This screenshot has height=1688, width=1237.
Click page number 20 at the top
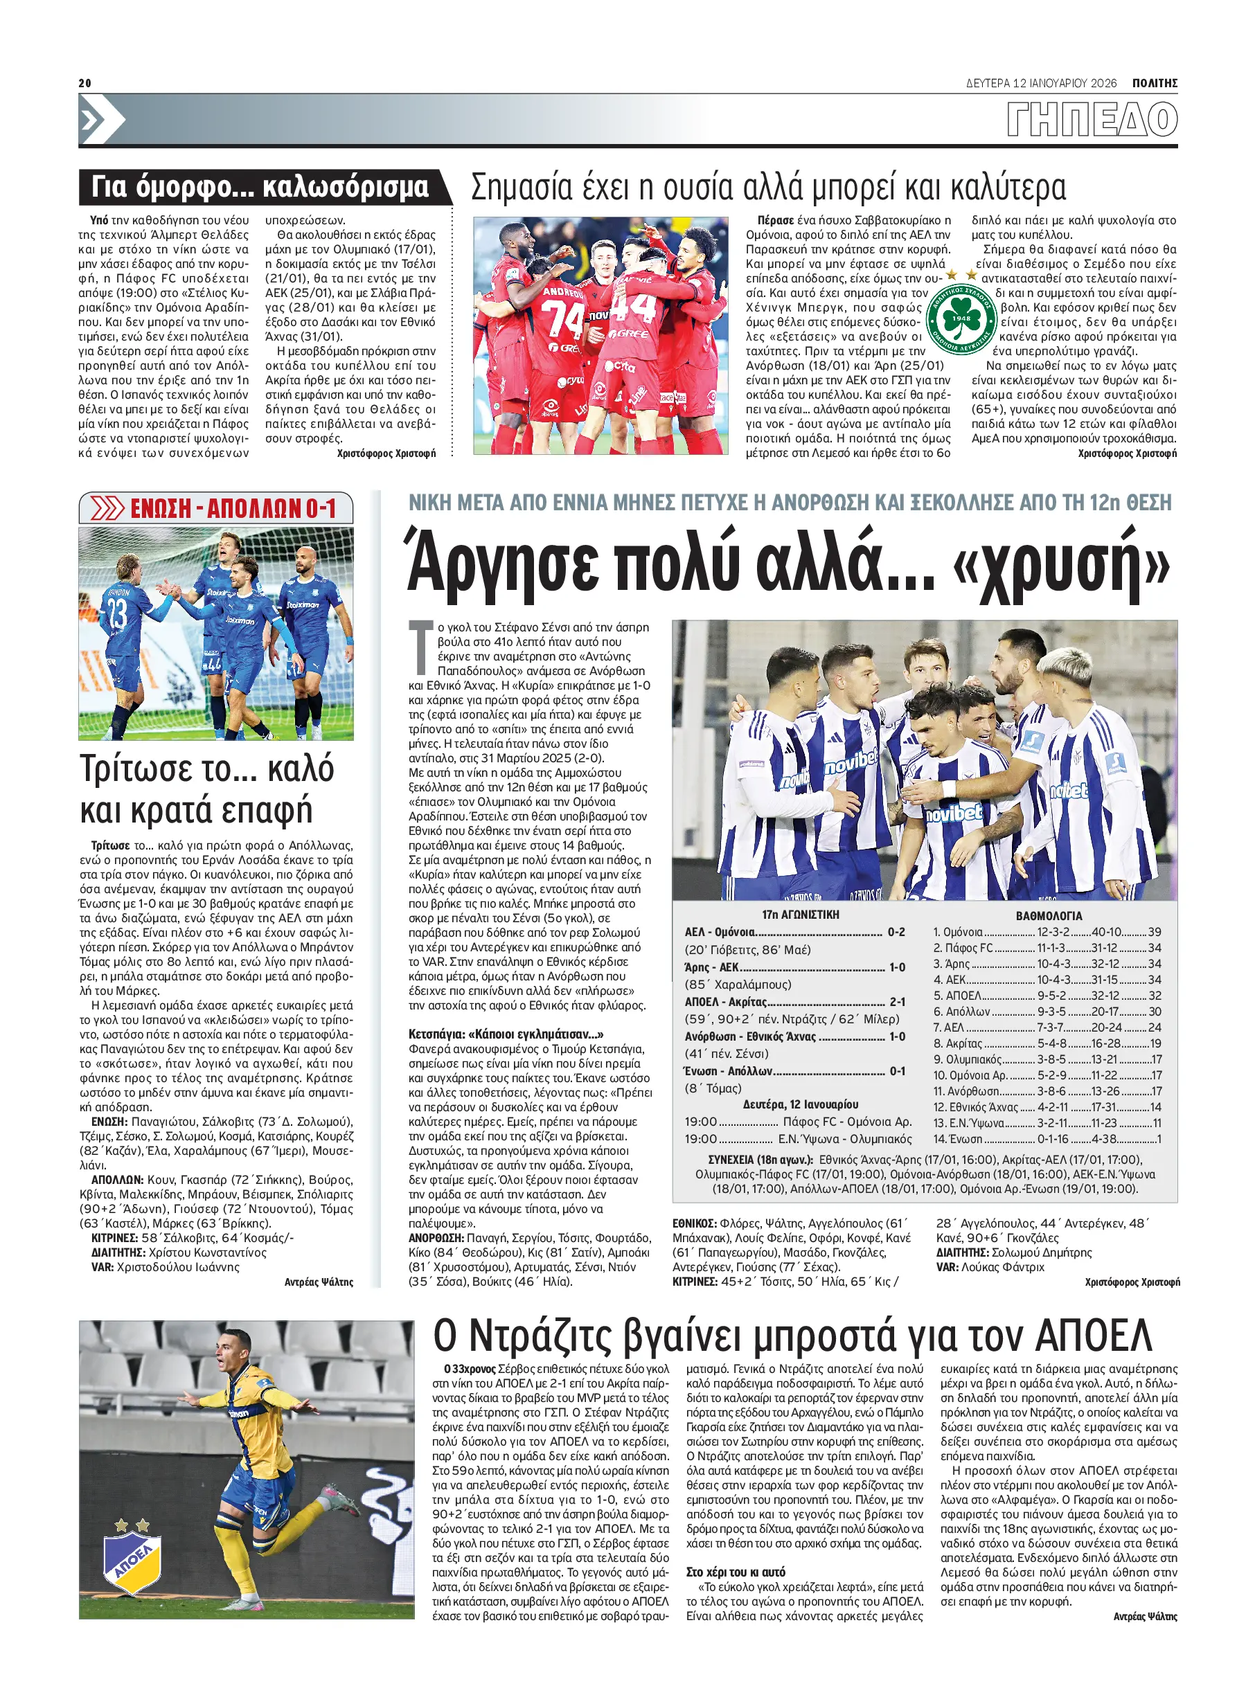[84, 83]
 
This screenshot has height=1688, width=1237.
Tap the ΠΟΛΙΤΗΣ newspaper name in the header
[1154, 83]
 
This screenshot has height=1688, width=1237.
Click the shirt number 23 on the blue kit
[118, 613]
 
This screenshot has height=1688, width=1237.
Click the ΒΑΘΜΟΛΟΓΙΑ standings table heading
[1049, 915]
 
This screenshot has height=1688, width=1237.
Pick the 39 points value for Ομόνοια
[1154, 932]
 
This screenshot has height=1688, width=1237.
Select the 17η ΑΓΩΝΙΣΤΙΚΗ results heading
[801, 915]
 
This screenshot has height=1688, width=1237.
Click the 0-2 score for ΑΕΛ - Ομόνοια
[896, 932]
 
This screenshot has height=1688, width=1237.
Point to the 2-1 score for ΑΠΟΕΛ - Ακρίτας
[897, 1002]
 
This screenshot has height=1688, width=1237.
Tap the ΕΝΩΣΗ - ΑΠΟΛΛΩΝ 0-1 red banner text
[233, 509]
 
